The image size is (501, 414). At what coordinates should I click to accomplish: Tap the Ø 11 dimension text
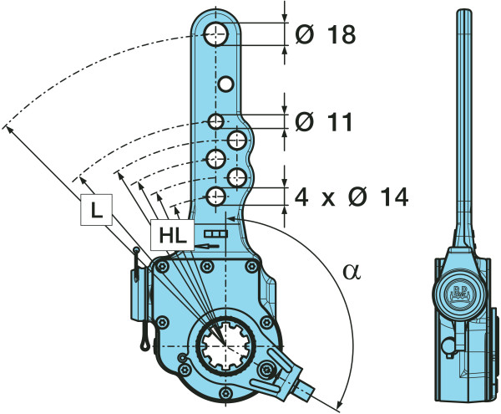324,122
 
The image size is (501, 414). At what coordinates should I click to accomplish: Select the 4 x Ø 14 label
351,197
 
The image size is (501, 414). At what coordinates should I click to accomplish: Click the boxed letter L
97,212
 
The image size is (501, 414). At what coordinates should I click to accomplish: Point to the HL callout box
171,236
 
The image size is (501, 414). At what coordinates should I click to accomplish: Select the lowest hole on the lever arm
215,197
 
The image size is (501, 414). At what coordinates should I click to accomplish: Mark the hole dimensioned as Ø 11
216,122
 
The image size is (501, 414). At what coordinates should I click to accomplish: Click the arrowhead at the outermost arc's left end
7,128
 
